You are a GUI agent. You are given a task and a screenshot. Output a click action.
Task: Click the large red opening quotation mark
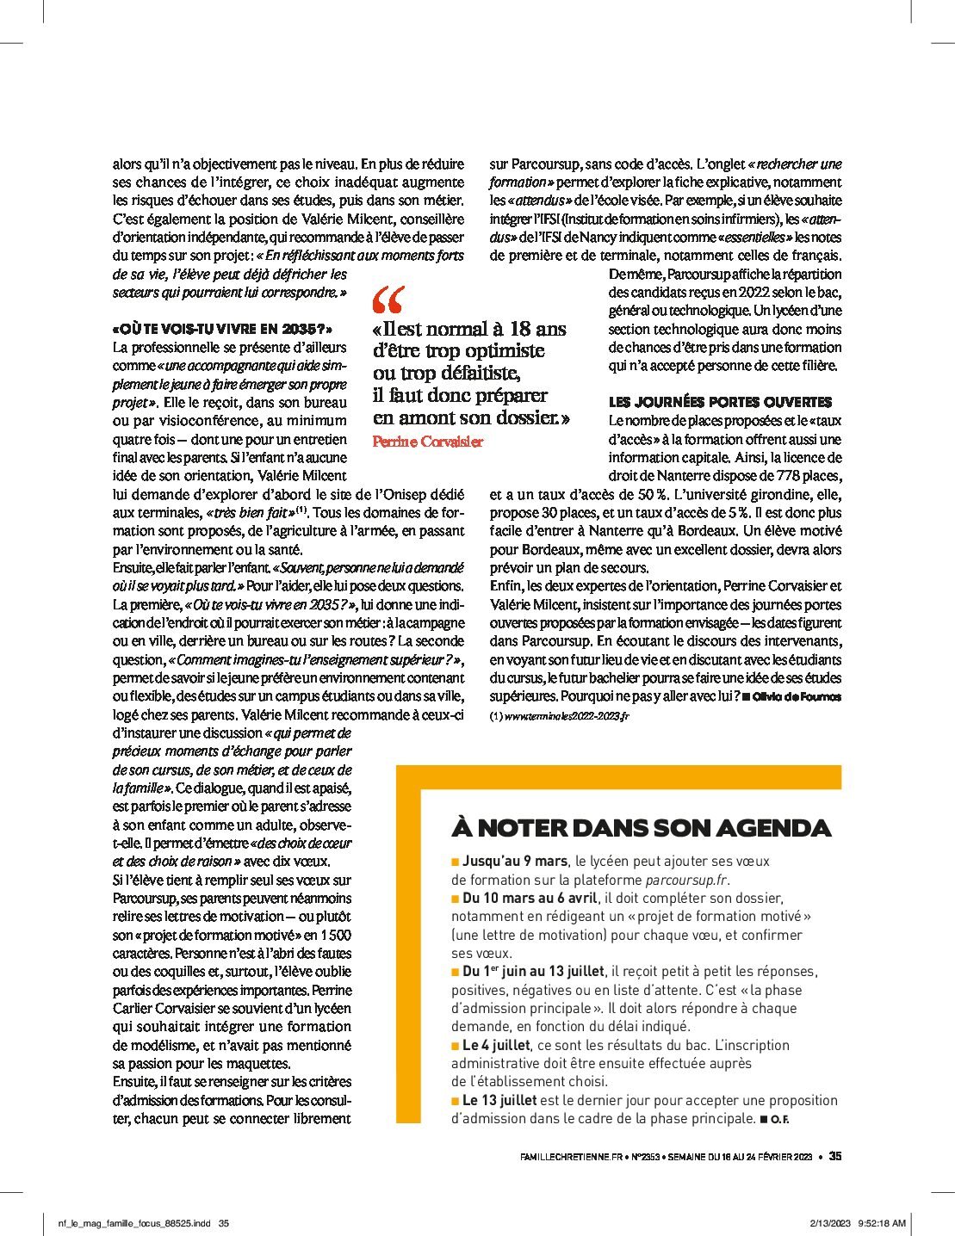point(387,300)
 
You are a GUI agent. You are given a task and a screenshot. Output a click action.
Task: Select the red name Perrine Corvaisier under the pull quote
point(428,442)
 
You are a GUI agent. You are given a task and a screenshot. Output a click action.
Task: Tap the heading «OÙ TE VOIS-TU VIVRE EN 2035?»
point(222,329)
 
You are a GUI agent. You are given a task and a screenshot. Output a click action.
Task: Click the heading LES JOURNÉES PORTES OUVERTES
point(720,402)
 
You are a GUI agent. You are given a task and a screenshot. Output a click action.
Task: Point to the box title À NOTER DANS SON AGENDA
point(641,828)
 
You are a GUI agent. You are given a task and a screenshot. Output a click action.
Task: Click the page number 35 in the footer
point(834,1157)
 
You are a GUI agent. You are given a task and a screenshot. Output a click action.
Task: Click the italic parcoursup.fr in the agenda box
point(686,880)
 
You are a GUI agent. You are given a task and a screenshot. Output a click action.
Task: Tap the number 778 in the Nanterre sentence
point(765,476)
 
